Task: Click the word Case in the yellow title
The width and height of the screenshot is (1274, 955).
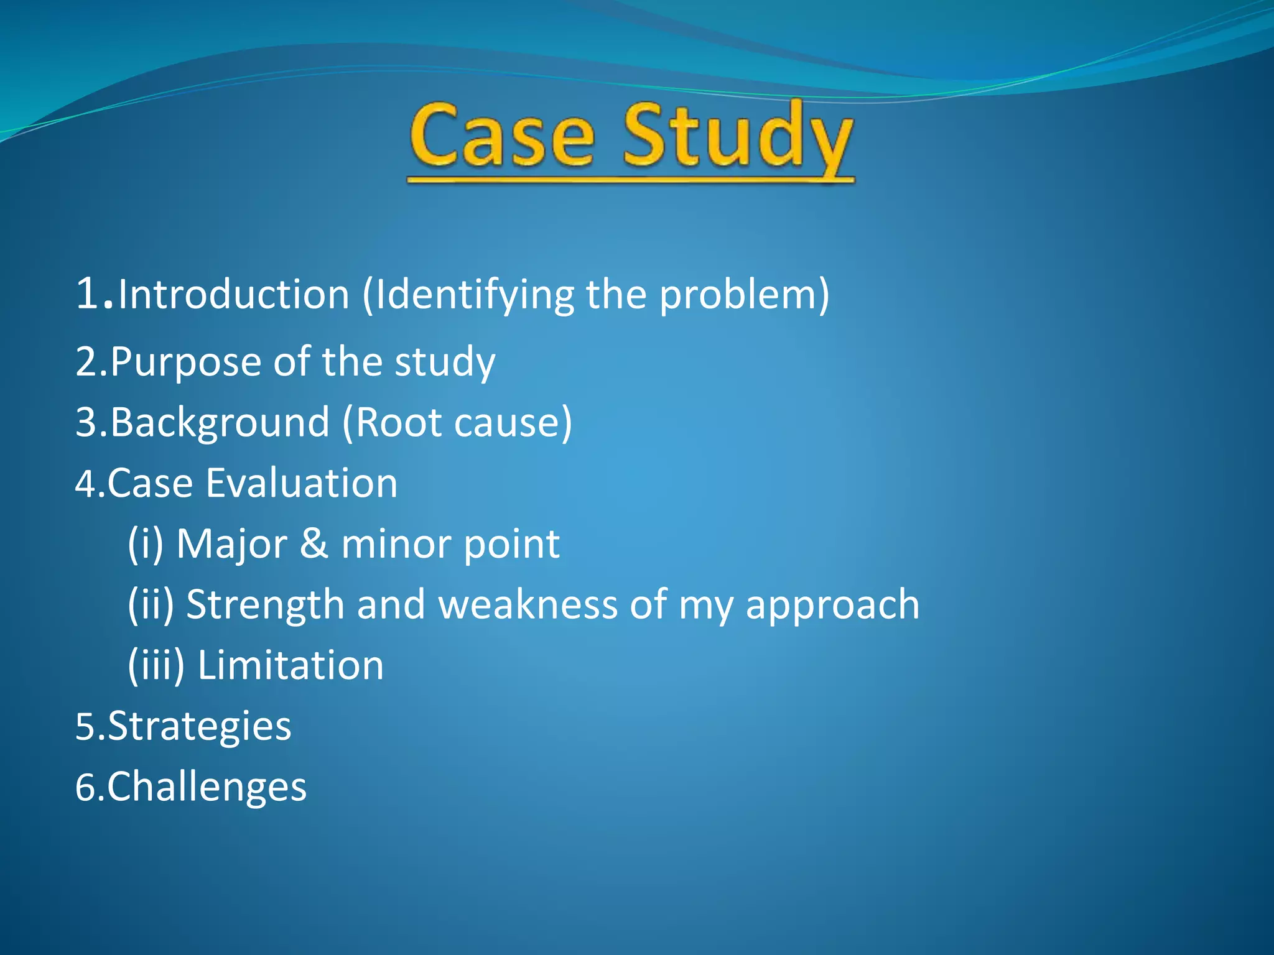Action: [501, 136]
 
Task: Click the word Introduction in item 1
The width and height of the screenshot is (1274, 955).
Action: [233, 294]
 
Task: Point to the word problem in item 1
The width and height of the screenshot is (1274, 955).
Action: [737, 295]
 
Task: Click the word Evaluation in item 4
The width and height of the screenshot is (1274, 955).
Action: [302, 483]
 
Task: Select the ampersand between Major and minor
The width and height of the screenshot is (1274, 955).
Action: [314, 544]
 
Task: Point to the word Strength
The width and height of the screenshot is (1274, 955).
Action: [265, 605]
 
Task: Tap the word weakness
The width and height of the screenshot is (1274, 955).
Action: [528, 604]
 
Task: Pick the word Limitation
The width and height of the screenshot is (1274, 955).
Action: [291, 665]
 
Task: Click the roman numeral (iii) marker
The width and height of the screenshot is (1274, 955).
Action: [156, 665]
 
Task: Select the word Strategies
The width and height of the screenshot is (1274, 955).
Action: [199, 726]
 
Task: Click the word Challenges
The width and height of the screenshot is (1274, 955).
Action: [207, 787]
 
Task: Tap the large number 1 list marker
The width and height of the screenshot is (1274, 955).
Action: [87, 293]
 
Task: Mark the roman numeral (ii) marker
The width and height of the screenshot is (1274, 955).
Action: [151, 605]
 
